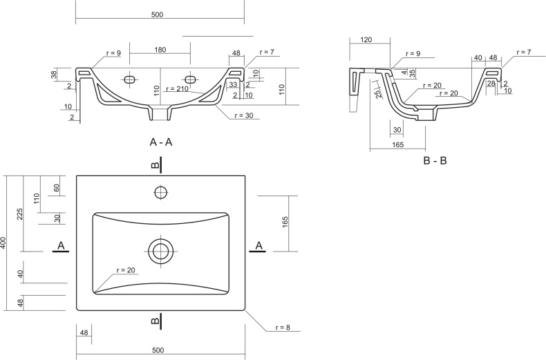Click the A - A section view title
[x=160, y=142]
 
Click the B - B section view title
[x=435, y=160]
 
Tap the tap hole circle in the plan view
[x=161, y=192]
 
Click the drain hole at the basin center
[x=160, y=252]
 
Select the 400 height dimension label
[x=3, y=243]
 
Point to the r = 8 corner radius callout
[x=283, y=328]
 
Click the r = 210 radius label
[x=177, y=88]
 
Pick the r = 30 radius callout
[x=244, y=115]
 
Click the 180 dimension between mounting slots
[x=160, y=50]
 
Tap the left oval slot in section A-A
[x=130, y=79]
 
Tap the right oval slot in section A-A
[x=191, y=79]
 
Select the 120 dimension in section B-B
[x=366, y=39]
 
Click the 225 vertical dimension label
[x=20, y=214]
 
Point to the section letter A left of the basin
[x=61, y=246]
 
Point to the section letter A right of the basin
[x=258, y=246]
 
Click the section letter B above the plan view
[x=156, y=164]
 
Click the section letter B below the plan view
[x=156, y=320]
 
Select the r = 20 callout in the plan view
[x=126, y=270]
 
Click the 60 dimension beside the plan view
[x=57, y=189]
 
